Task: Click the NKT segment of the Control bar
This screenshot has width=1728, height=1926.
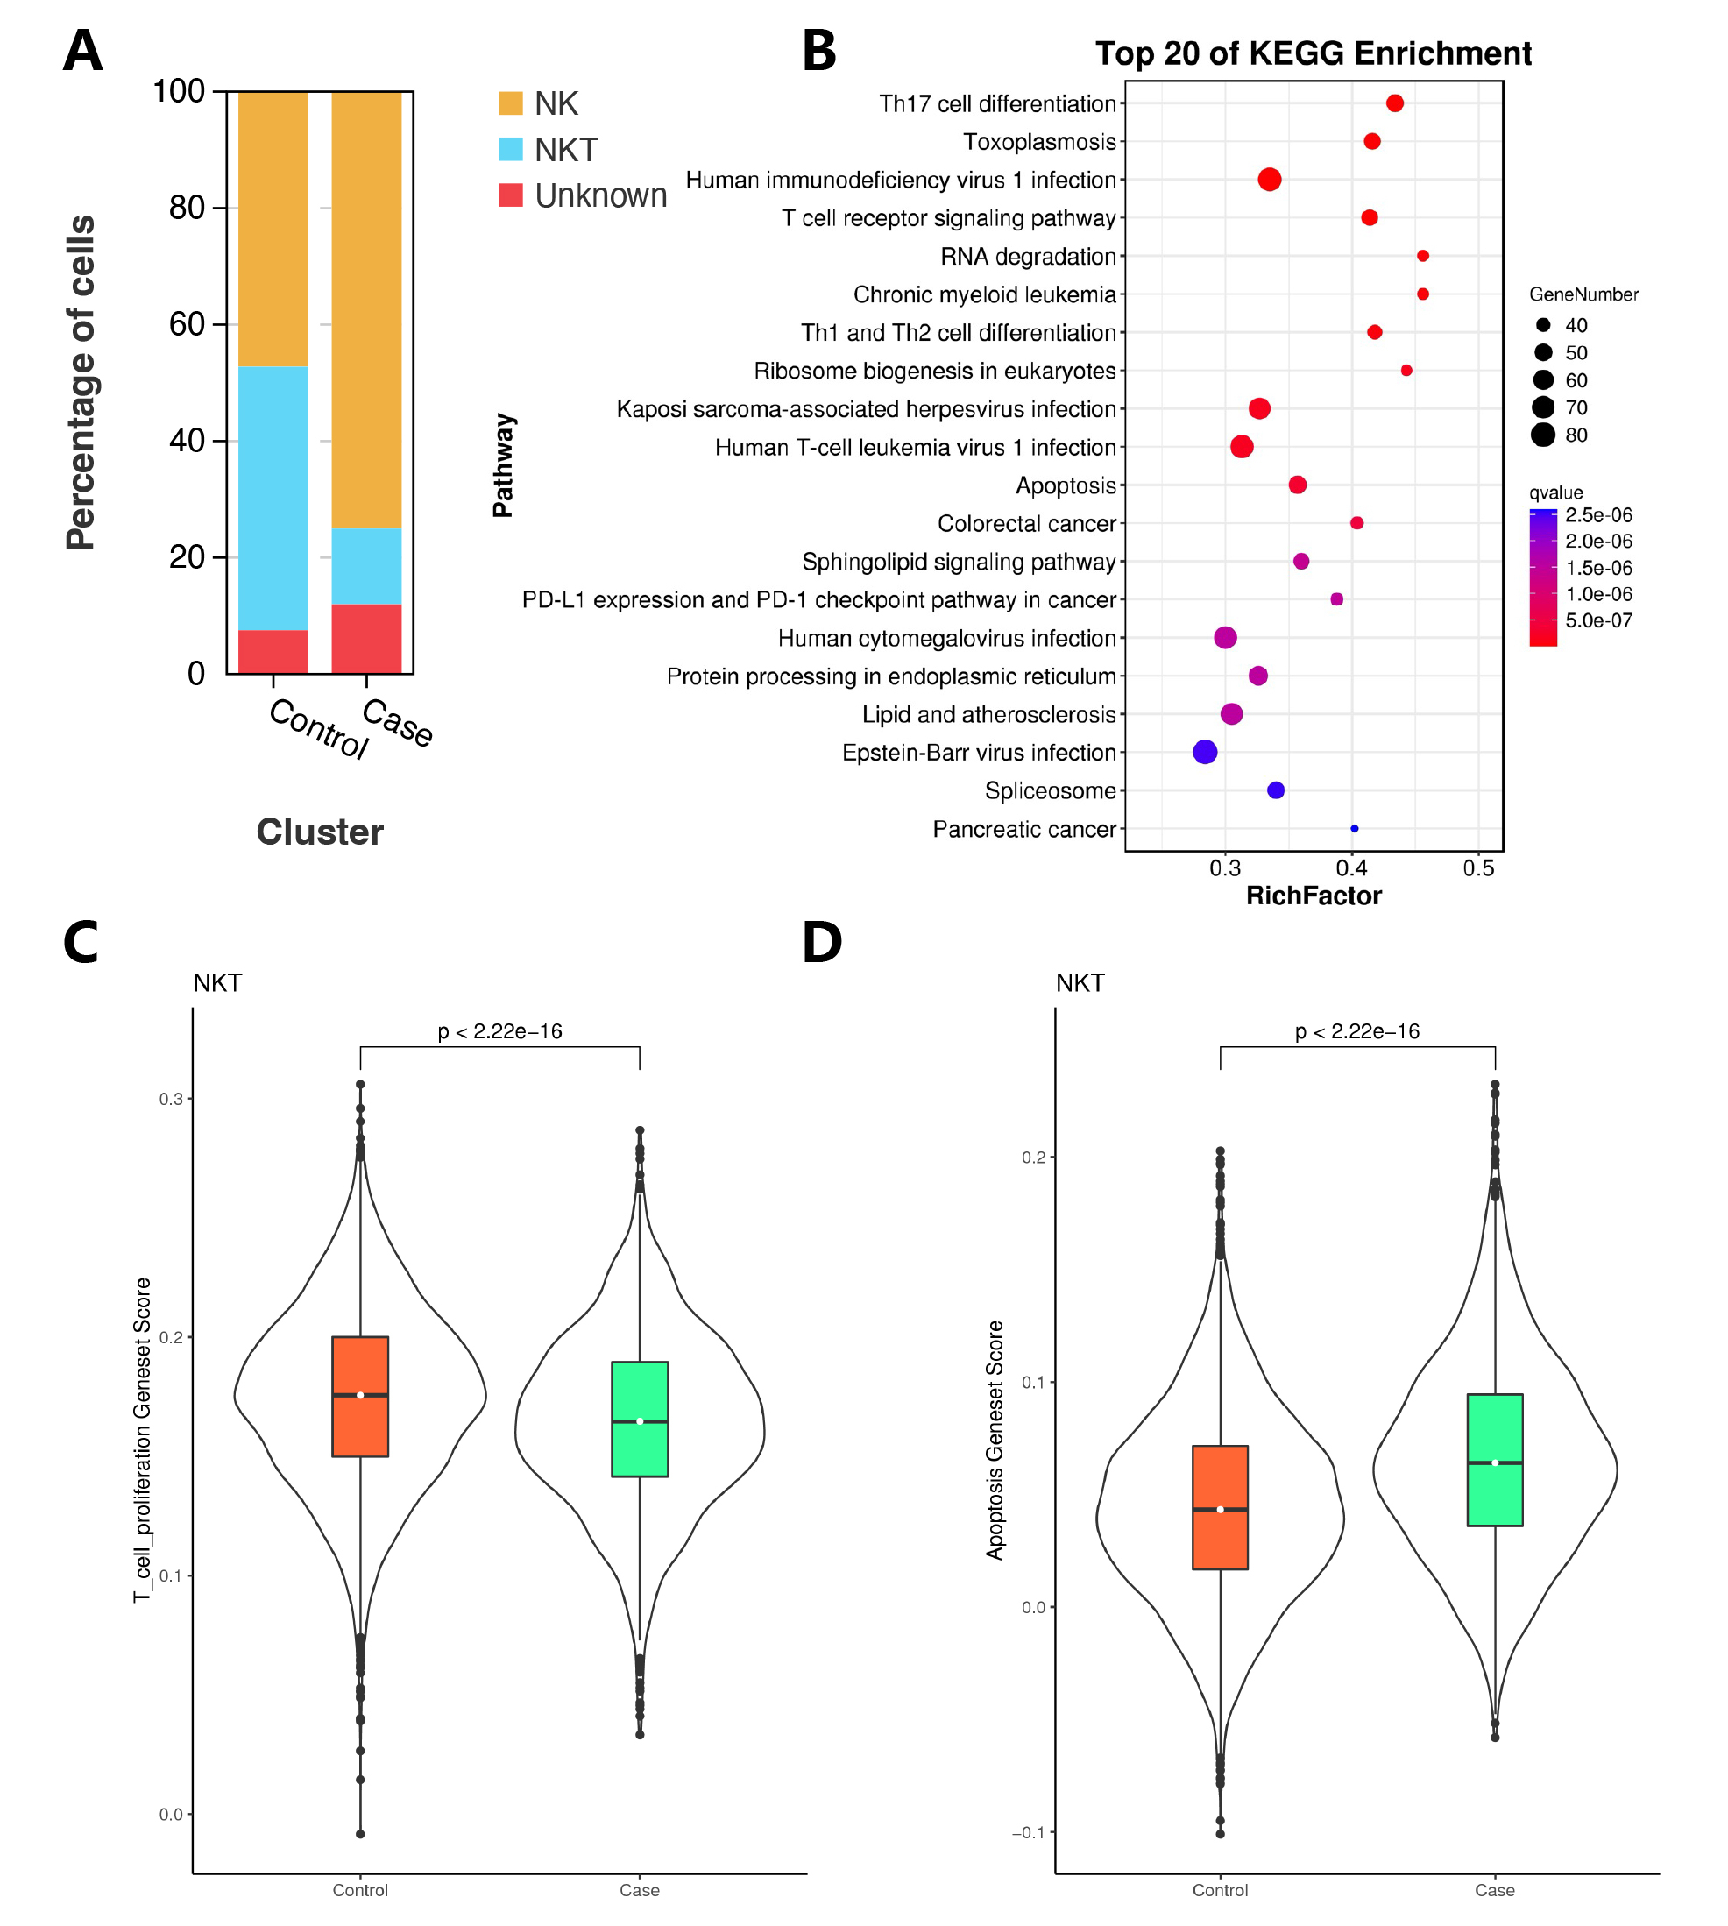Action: [x=273, y=498]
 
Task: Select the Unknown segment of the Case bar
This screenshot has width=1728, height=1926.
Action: [x=366, y=638]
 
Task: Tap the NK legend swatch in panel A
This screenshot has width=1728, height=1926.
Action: [x=511, y=103]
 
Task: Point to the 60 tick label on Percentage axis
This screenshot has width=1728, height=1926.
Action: [x=187, y=324]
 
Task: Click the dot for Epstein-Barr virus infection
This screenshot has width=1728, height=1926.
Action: [x=1205, y=752]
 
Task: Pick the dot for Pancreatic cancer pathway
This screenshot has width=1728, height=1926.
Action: [x=1354, y=829]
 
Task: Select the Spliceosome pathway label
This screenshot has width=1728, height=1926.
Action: [x=1050, y=790]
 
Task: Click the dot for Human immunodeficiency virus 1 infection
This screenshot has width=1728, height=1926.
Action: [x=1270, y=180]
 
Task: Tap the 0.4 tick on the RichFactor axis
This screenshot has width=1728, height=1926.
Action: [x=1351, y=867]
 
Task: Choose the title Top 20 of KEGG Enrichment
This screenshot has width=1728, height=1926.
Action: [x=1314, y=54]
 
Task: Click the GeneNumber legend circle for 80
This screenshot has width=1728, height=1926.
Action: [x=1543, y=435]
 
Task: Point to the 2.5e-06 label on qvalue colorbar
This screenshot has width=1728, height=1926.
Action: [x=1599, y=515]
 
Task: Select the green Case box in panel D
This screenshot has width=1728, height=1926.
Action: [x=1494, y=1459]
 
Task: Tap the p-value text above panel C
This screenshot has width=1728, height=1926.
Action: [x=499, y=1030]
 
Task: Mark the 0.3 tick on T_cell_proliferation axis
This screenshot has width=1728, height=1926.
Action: [x=171, y=1099]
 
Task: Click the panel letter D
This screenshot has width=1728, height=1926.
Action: [x=821, y=943]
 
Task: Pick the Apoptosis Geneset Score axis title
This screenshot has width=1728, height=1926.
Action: [x=994, y=1439]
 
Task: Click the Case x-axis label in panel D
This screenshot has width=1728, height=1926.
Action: [x=1494, y=1890]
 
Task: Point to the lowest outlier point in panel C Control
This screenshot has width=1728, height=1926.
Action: [x=361, y=1834]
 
